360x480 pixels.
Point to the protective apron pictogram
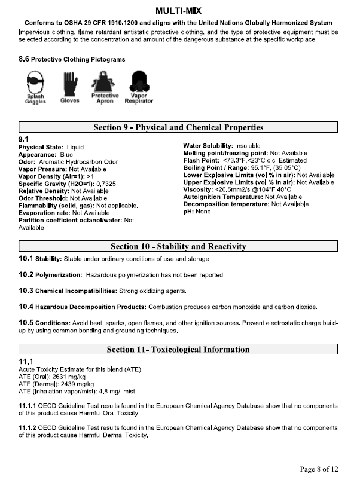[x=104, y=81]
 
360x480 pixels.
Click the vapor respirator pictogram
[x=139, y=81]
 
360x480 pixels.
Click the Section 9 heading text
[x=178, y=127]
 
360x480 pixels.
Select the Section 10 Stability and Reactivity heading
[x=178, y=246]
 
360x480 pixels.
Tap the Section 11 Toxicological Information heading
[x=178, y=350]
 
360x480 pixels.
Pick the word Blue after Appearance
[x=75, y=154]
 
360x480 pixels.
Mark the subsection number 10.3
[x=26, y=291]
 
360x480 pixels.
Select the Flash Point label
[x=202, y=161]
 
